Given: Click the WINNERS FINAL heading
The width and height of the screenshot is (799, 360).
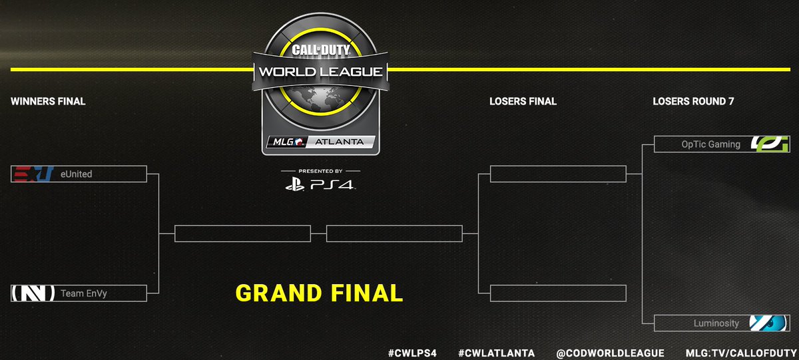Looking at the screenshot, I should pyautogui.click(x=48, y=102).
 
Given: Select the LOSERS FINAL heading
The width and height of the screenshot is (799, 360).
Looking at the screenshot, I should pyautogui.click(x=523, y=102).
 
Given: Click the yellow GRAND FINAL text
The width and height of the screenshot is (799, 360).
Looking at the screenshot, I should pyautogui.click(x=319, y=293).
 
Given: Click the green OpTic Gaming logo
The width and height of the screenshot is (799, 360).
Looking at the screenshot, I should pyautogui.click(x=770, y=144).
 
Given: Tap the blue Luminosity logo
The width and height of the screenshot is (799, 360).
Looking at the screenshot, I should pyautogui.click(x=770, y=323).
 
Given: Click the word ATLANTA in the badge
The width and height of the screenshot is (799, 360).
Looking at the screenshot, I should pyautogui.click(x=341, y=142).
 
